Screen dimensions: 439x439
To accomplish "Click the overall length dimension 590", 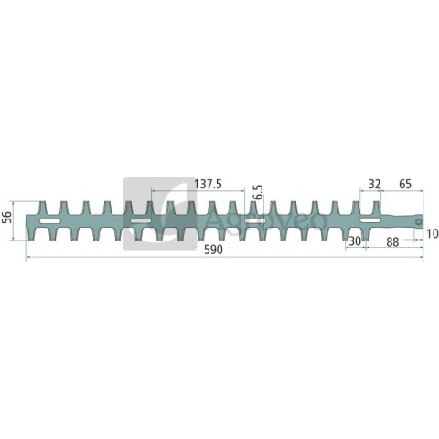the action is (213, 250).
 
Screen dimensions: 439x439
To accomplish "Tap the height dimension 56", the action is (7, 217).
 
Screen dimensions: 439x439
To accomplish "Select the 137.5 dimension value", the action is (209, 184).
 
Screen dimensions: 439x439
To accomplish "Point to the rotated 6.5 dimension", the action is (259, 192).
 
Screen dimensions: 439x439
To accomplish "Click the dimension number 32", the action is (375, 184).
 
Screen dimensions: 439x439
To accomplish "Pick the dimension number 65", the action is (405, 184).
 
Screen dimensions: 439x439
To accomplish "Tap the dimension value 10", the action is (433, 234).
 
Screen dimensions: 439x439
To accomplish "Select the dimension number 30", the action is (355, 241).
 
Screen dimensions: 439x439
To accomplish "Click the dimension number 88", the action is (392, 242).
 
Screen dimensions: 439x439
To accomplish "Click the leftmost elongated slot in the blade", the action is (50, 221).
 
